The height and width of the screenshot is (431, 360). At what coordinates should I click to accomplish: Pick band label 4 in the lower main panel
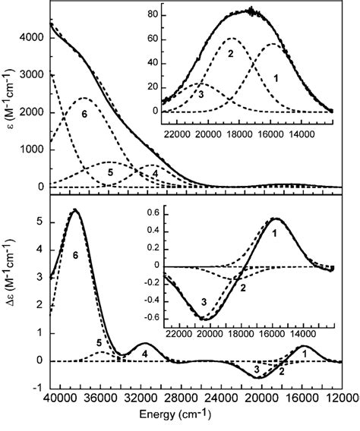(x=144, y=354)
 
